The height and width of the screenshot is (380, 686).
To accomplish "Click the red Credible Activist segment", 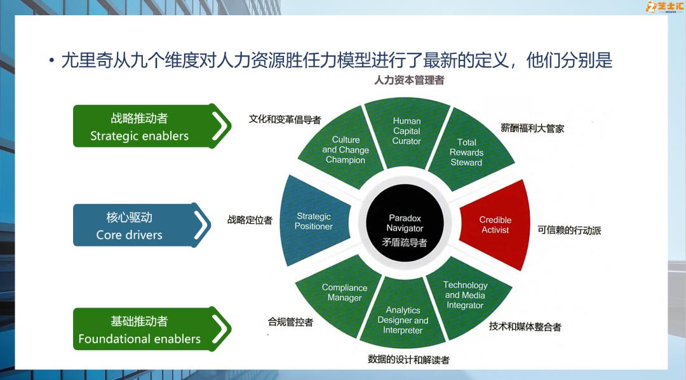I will pyautogui.click(x=495, y=225).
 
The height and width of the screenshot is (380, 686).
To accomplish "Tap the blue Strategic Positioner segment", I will pyautogui.click(x=314, y=221).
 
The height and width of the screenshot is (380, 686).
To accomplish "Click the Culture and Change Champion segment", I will pyautogui.click(x=345, y=150).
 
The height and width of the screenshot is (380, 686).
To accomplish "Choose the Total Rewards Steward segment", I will pyautogui.click(x=467, y=153).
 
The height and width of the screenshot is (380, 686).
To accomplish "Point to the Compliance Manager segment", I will pyautogui.click(x=344, y=293).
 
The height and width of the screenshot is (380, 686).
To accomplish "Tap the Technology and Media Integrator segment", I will pyautogui.click(x=466, y=295).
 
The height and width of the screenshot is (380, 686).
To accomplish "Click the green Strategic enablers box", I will pyautogui.click(x=140, y=126).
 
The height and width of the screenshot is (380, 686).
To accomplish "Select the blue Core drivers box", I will pyautogui.click(x=130, y=226).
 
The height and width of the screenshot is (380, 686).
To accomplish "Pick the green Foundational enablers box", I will pyautogui.click(x=140, y=330).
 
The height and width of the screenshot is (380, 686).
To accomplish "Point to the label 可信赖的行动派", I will pyautogui.click(x=569, y=230).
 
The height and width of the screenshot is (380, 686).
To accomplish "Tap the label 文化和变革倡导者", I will pyautogui.click(x=285, y=119).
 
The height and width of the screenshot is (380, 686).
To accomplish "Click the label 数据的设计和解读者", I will pyautogui.click(x=408, y=360).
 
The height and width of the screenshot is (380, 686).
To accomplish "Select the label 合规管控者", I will pyautogui.click(x=290, y=322).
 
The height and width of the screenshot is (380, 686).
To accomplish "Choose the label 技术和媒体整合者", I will pyautogui.click(x=525, y=327).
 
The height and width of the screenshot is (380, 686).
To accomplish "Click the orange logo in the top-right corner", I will pyautogui.click(x=663, y=7).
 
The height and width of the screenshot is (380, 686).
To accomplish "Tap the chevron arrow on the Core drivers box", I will pyautogui.click(x=201, y=225).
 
